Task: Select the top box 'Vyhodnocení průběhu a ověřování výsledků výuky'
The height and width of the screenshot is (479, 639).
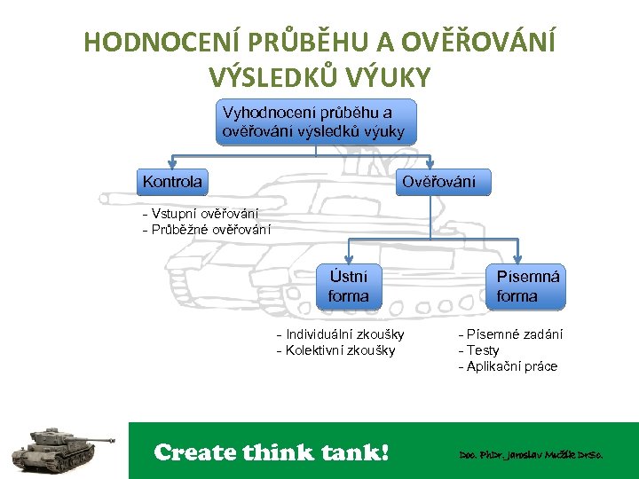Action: [316, 122]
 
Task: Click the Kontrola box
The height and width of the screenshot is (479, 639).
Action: [172, 182]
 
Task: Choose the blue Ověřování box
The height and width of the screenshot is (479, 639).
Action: [438, 182]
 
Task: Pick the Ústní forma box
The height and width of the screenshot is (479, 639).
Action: [348, 286]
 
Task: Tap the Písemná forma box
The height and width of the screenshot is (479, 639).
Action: [528, 286]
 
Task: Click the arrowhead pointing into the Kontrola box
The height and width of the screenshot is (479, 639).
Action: [172, 165]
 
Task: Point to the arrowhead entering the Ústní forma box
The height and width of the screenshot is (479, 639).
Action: [348, 261]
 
